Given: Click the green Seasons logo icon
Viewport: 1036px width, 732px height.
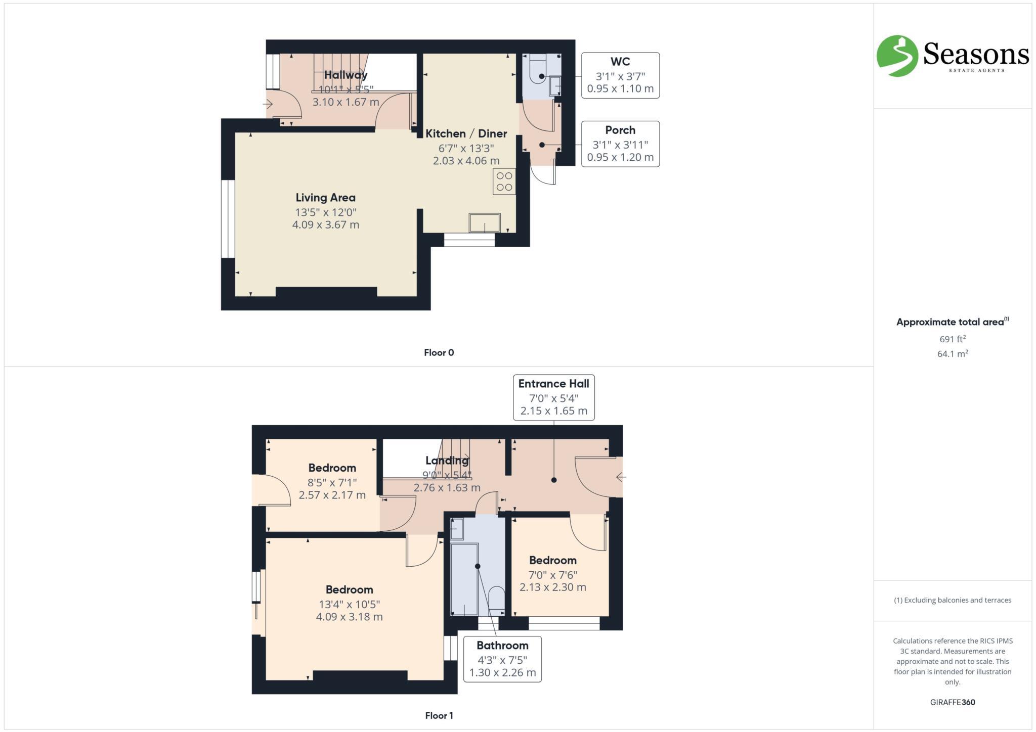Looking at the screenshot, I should click(897, 56).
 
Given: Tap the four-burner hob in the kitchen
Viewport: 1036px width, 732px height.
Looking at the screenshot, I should click(504, 181).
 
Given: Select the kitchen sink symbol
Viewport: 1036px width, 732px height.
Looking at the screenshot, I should click(485, 222).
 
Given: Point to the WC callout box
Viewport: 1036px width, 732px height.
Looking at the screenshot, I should click(620, 75).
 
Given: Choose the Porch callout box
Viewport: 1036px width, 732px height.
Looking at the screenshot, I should click(620, 144).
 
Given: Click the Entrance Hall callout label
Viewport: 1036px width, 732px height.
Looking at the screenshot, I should click(553, 397).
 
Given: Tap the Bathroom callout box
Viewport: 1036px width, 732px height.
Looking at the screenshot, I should click(502, 659).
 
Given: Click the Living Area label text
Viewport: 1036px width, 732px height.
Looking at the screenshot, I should click(325, 198).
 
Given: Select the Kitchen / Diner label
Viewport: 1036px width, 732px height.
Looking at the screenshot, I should click(466, 133).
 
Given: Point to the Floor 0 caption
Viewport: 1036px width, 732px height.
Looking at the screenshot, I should click(439, 353).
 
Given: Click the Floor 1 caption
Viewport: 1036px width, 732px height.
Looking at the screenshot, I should click(439, 715).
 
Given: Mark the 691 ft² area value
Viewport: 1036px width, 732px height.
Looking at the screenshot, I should click(952, 339).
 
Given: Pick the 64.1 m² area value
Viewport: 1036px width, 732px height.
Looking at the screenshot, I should click(952, 354).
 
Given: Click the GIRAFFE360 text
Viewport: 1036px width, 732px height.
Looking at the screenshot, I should click(952, 702).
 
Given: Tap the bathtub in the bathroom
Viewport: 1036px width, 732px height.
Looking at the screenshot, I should click(464, 579).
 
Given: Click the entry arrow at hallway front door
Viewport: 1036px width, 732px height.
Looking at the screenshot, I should click(268, 105).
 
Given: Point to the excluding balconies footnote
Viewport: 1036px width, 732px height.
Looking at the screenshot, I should click(952, 600).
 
